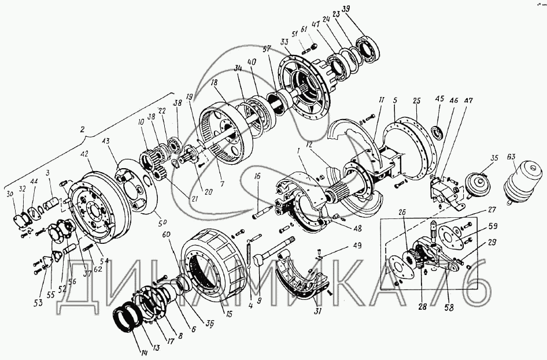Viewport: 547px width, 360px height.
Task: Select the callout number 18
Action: click(x=214, y=84)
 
